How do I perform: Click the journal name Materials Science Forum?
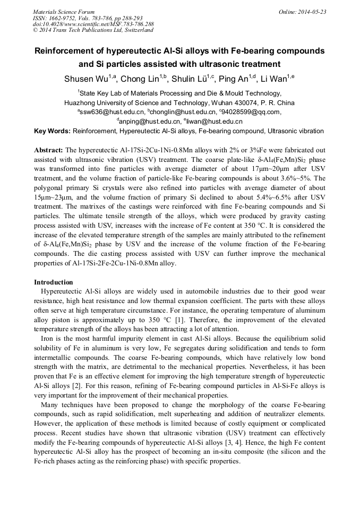64,12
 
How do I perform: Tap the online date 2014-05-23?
312,12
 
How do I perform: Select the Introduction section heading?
54,282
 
